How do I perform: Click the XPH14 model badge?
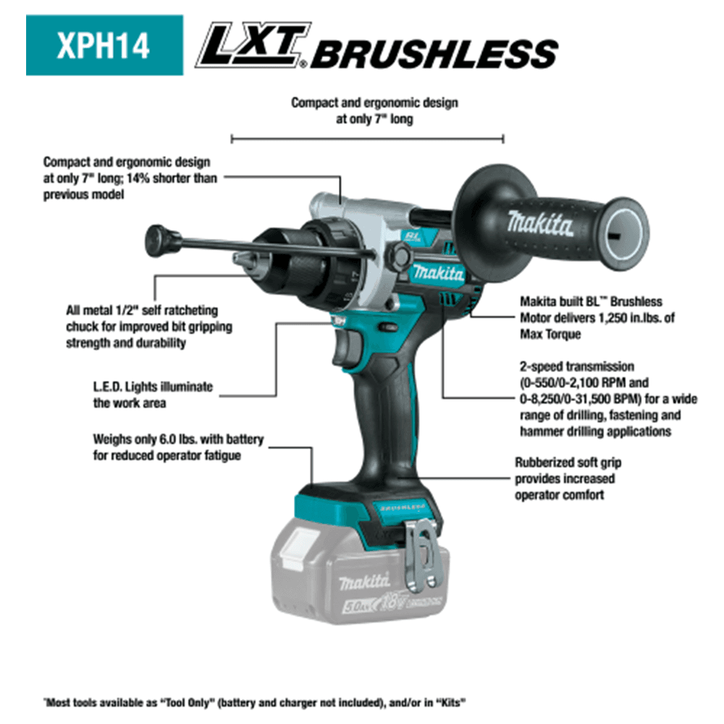point(104,45)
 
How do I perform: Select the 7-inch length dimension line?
point(367,138)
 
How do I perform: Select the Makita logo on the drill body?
point(439,273)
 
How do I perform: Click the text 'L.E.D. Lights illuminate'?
point(153,387)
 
